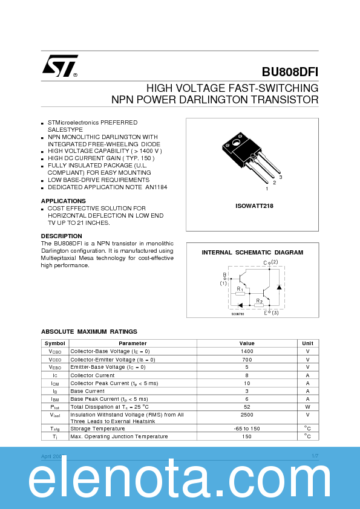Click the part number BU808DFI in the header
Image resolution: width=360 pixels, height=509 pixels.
tap(290, 71)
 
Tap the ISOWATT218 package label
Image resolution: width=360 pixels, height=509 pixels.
tap(254, 206)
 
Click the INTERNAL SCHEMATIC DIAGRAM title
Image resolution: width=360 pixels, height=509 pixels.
tap(252, 252)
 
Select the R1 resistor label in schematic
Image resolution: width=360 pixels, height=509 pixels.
tap(240, 289)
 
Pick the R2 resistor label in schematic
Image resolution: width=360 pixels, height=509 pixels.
tap(259, 300)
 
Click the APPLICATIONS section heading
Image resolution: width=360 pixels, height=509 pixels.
tap(63, 201)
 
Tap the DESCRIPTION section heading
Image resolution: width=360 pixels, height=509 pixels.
tap(61, 236)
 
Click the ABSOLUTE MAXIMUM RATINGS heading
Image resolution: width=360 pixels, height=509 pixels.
tap(89, 331)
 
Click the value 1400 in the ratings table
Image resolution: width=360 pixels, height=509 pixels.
tap(247, 351)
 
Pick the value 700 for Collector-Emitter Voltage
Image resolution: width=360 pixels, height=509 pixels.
tap(247, 359)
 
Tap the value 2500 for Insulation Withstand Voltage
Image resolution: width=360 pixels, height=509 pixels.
tap(247, 415)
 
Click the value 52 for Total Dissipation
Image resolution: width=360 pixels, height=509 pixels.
tap(247, 407)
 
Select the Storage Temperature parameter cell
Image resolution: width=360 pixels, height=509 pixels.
tap(99, 428)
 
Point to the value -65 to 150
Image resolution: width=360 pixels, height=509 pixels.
tap(247, 428)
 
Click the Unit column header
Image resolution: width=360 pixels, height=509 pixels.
tap(307, 343)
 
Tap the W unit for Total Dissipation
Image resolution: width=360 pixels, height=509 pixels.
tap(307, 407)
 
